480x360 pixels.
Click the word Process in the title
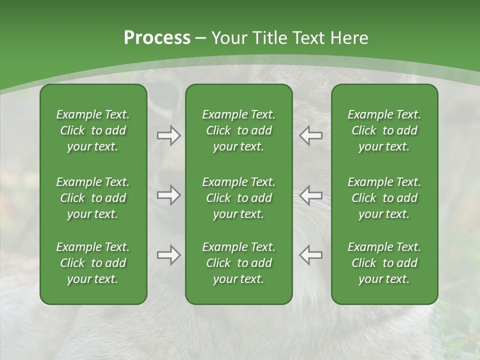157,38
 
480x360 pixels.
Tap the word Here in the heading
349,38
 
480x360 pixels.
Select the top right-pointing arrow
168,135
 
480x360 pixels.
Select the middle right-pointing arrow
168,195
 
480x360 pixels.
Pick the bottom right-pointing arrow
168,255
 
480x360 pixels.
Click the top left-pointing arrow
310,135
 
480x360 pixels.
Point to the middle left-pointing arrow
310,195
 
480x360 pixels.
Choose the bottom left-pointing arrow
310,255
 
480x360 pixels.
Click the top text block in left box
93,130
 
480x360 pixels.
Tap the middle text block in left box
93,198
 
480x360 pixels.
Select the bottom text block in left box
93,263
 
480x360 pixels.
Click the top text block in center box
238,130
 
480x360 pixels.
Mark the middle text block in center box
238,198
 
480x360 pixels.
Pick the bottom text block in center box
238,263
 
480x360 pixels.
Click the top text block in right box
384,130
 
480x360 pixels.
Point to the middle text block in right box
384,198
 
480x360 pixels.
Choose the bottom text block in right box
384,263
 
